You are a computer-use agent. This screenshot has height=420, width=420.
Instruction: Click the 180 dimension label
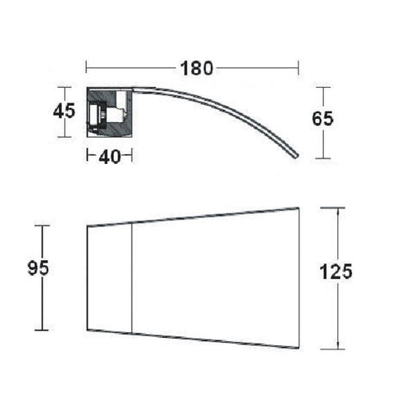pyautogui.click(x=197, y=68)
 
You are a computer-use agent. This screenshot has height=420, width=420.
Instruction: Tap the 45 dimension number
pyautogui.click(x=64, y=111)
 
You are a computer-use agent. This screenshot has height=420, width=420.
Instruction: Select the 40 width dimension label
pyautogui.click(x=110, y=157)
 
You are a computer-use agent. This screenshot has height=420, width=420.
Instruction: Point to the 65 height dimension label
pyautogui.click(x=323, y=119)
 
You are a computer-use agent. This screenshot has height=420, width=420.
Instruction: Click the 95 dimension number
pyautogui.click(x=39, y=268)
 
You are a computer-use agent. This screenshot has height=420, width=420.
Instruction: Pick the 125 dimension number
pyautogui.click(x=336, y=272)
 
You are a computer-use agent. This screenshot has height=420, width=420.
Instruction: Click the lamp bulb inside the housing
pyautogui.click(x=116, y=115)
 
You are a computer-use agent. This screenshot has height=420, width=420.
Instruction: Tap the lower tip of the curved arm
pyautogui.click(x=296, y=157)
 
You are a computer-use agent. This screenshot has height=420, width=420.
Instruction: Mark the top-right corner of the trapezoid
pyautogui.click(x=299, y=208)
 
